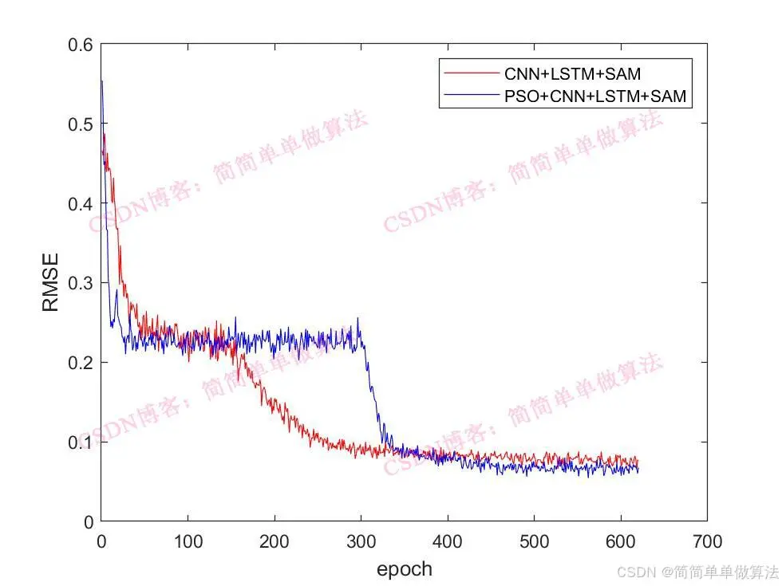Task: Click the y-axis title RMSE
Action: click(50, 283)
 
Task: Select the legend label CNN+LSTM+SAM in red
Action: click(572, 75)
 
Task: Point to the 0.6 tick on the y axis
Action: click(80, 45)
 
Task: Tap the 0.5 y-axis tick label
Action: click(80, 124)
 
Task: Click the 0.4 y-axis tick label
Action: click(80, 204)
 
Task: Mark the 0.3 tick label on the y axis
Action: click(80, 283)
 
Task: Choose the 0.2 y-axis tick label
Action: click(80, 363)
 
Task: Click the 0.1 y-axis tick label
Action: click(80, 442)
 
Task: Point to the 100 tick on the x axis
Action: click(188, 542)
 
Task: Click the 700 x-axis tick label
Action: click(706, 542)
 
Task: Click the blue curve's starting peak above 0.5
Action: click(102, 81)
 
